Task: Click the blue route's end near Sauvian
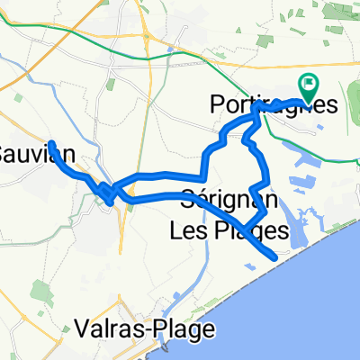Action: click(51, 143)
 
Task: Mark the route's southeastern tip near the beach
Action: click(274, 258)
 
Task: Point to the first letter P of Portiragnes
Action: click(216, 103)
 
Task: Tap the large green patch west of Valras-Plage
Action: click(40, 292)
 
